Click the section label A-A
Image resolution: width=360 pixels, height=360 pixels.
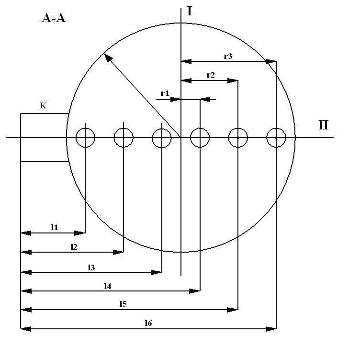pyautogui.click(x=53, y=19)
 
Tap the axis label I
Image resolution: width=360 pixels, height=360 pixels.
pyautogui.click(x=190, y=11)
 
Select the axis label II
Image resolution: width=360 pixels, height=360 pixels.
pyautogui.click(x=324, y=126)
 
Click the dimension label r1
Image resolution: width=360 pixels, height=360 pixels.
pyautogui.click(x=165, y=93)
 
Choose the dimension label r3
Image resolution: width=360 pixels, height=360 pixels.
pyautogui.click(x=228, y=56)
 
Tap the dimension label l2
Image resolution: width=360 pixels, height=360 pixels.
pyautogui.click(x=74, y=246)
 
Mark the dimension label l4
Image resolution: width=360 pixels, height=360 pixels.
pyautogui.click(x=108, y=286)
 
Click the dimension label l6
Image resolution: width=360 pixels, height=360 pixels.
pyautogui.click(x=148, y=323)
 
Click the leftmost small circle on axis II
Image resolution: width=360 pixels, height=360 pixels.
pyautogui.click(x=85, y=138)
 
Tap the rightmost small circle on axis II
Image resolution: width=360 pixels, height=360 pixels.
pyautogui.click(x=276, y=138)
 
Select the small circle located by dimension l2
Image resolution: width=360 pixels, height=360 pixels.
pyautogui.click(x=124, y=138)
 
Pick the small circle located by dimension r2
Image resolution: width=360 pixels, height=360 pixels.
pyautogui.click(x=238, y=138)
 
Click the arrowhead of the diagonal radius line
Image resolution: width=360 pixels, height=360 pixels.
pyautogui.click(x=108, y=58)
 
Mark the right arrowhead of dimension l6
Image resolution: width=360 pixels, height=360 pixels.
pyautogui.click(x=271, y=329)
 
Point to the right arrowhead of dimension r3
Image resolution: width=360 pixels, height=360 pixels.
pyautogui.click(x=271, y=61)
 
